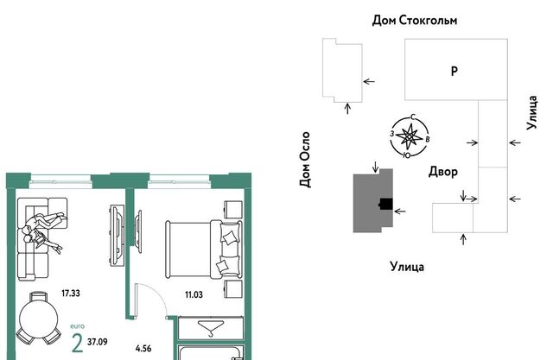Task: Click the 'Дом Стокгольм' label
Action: [415, 20]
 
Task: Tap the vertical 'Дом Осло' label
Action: [305, 160]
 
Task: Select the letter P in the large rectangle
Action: [454, 71]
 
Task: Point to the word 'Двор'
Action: [443, 172]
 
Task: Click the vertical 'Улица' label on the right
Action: [532, 113]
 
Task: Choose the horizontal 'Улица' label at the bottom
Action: [407, 266]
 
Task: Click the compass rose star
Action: [408, 136]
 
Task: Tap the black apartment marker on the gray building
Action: [386, 204]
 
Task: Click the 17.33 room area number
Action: [71, 293]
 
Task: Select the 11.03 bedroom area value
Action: [194, 294]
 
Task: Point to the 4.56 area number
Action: [143, 349]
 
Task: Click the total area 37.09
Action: [98, 342]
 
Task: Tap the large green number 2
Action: [77, 344]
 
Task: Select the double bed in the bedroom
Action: [204, 249]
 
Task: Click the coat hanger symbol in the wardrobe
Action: [211, 328]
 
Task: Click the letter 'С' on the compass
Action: [413, 117]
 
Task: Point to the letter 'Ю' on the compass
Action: [406, 155]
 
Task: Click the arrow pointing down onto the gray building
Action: [376, 167]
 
